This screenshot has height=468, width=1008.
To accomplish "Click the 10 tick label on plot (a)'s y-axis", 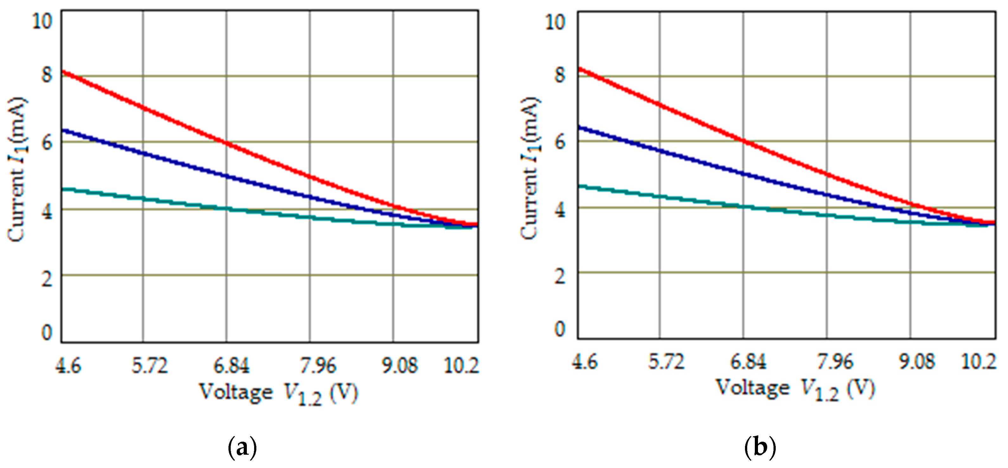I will [42, 20].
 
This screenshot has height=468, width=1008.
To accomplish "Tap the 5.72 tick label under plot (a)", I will [149, 366].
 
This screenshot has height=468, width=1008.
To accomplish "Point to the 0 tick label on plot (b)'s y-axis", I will [560, 329].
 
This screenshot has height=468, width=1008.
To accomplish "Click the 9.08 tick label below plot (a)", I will [400, 366].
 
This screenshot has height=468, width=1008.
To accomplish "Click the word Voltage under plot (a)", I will [236, 392].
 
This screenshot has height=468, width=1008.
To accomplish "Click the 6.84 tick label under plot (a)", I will [231, 366].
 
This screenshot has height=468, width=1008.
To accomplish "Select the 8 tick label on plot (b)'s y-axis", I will [560, 75].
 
